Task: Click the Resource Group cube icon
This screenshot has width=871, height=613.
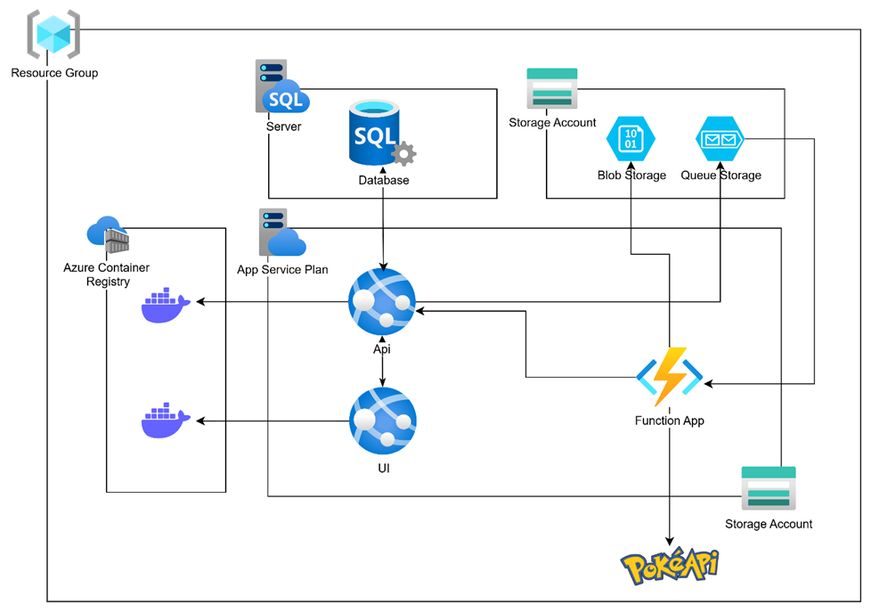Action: pos(53,35)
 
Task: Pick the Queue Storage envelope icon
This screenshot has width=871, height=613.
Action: pos(720,140)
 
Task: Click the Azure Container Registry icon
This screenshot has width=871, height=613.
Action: pos(108,234)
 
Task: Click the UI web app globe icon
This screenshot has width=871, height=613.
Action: pos(382,421)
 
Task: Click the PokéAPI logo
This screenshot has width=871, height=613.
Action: pos(670,565)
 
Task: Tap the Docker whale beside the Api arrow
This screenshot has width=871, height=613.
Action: pos(166,305)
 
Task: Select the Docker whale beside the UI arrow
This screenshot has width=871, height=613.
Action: pos(166,421)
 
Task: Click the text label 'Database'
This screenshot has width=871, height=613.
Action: pos(384,180)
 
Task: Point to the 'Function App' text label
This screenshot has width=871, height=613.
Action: pos(669,421)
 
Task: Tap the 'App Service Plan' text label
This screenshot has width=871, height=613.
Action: pos(282,270)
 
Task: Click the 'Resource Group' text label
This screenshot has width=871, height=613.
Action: pos(54,73)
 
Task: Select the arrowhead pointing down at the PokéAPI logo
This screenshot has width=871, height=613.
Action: pos(669,539)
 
